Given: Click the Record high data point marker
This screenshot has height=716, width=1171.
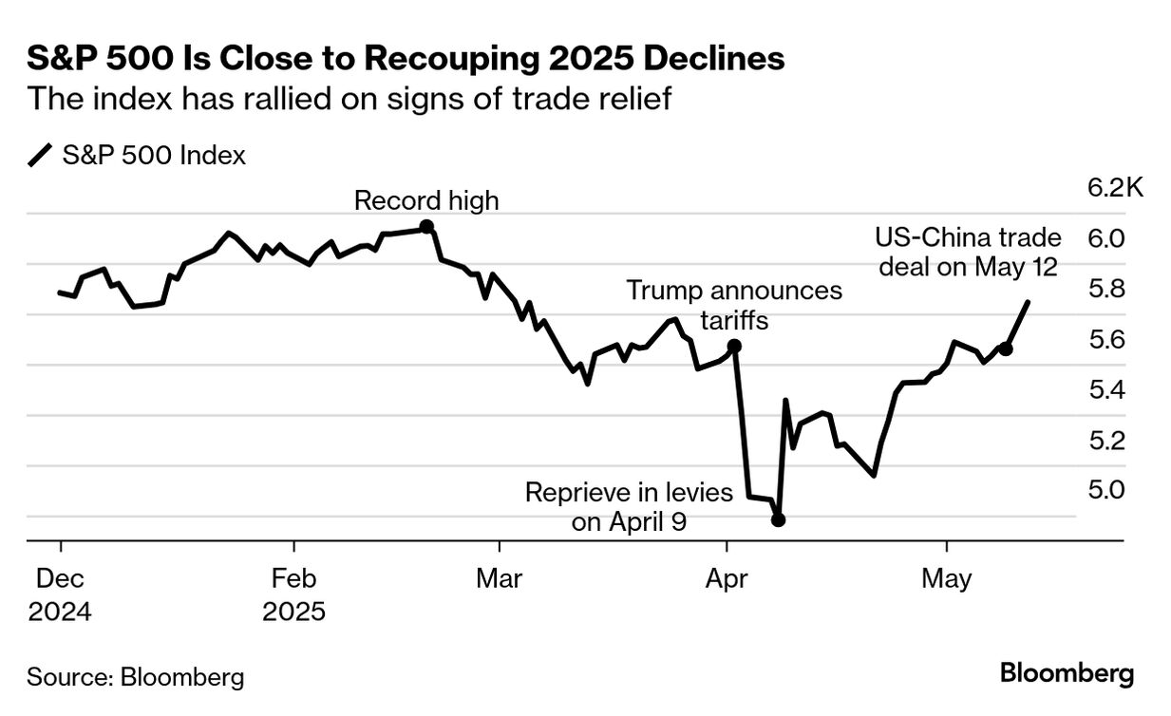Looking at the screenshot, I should (426, 226).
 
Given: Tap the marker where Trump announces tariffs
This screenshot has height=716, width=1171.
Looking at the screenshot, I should (734, 346).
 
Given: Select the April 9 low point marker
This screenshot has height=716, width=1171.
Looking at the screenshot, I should (778, 519).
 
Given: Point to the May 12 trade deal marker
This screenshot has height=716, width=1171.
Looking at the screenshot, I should (1006, 349).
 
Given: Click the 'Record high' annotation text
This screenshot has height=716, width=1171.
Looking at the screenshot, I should (425, 200).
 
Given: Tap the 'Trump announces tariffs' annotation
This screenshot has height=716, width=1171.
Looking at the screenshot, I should (734, 305).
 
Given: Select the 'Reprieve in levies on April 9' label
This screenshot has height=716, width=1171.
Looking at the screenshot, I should (629, 507).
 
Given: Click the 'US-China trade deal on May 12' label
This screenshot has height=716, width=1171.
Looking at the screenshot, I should (968, 253).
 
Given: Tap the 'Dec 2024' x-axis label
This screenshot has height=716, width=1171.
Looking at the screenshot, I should (59, 594).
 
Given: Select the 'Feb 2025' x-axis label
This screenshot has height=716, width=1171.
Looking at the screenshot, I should (293, 594).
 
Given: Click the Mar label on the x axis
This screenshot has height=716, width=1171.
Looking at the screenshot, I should (499, 578).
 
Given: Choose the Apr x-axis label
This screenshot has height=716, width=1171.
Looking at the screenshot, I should (727, 578).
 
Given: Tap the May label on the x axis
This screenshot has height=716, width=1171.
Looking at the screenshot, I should (946, 578).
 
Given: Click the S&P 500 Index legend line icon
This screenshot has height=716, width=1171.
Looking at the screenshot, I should (41, 156).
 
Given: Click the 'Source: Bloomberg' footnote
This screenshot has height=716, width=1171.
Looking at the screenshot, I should (136, 677).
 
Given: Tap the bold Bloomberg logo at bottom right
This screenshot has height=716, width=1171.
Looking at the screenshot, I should (1067, 674).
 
